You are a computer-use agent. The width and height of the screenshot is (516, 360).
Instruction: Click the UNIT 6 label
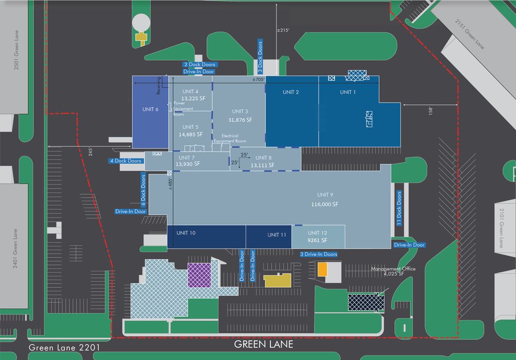point(150,109)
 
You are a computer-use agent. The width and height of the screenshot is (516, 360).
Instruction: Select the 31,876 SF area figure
point(240,120)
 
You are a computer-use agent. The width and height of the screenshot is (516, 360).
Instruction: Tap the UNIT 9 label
point(325,195)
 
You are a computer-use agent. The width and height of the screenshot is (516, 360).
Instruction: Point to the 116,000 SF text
point(325,204)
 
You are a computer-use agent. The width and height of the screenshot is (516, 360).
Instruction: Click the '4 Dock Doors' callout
point(126,161)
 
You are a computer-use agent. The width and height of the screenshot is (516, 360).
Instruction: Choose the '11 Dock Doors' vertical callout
point(399,208)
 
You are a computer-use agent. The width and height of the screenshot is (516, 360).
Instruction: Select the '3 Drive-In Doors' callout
point(318,254)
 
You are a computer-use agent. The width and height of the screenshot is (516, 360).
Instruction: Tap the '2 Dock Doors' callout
point(200,65)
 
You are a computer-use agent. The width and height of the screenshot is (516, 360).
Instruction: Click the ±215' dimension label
point(283,30)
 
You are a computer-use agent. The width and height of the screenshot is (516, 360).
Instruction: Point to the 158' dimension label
point(430,111)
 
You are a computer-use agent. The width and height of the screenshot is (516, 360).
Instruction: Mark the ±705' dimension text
point(259,80)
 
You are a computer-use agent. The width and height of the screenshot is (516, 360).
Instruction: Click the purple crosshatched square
point(199,275)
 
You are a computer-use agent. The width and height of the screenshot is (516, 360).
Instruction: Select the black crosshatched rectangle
point(366,302)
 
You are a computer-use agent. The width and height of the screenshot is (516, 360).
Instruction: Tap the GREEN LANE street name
point(264,345)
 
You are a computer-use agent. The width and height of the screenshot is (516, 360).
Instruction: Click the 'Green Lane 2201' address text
point(64,348)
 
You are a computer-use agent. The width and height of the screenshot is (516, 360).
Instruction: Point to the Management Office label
point(393,269)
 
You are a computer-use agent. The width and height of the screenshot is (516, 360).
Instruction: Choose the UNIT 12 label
point(317,233)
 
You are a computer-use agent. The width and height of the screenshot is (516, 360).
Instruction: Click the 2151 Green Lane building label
point(470,34)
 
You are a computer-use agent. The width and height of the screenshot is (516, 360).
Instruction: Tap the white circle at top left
point(141,23)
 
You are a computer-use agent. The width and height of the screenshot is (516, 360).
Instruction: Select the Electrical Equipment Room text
point(230,138)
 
